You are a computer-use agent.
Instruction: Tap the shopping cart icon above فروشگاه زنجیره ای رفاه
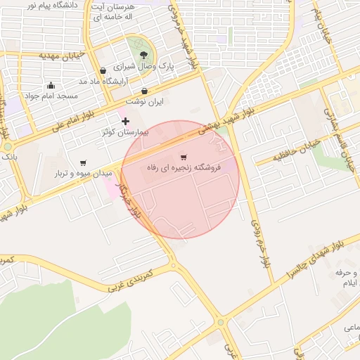[x=184, y=157]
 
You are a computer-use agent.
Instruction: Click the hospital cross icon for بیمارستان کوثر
[x=126, y=121]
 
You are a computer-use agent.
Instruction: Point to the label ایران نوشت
[x=149, y=102]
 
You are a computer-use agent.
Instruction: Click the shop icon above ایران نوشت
[x=144, y=91]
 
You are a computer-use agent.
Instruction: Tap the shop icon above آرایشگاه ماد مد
[x=103, y=70]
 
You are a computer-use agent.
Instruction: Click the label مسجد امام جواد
[x=50, y=96]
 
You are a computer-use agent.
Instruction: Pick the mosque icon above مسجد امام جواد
[x=51, y=85]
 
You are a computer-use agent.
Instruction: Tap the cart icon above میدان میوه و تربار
[x=84, y=162]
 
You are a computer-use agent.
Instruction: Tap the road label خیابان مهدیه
[x=62, y=55]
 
